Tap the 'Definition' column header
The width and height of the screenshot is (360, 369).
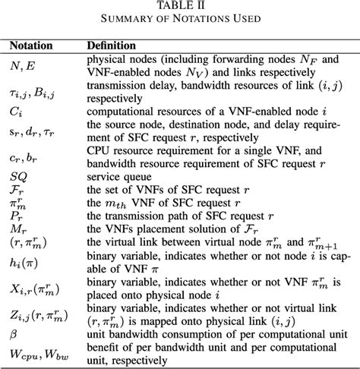point(113,46)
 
